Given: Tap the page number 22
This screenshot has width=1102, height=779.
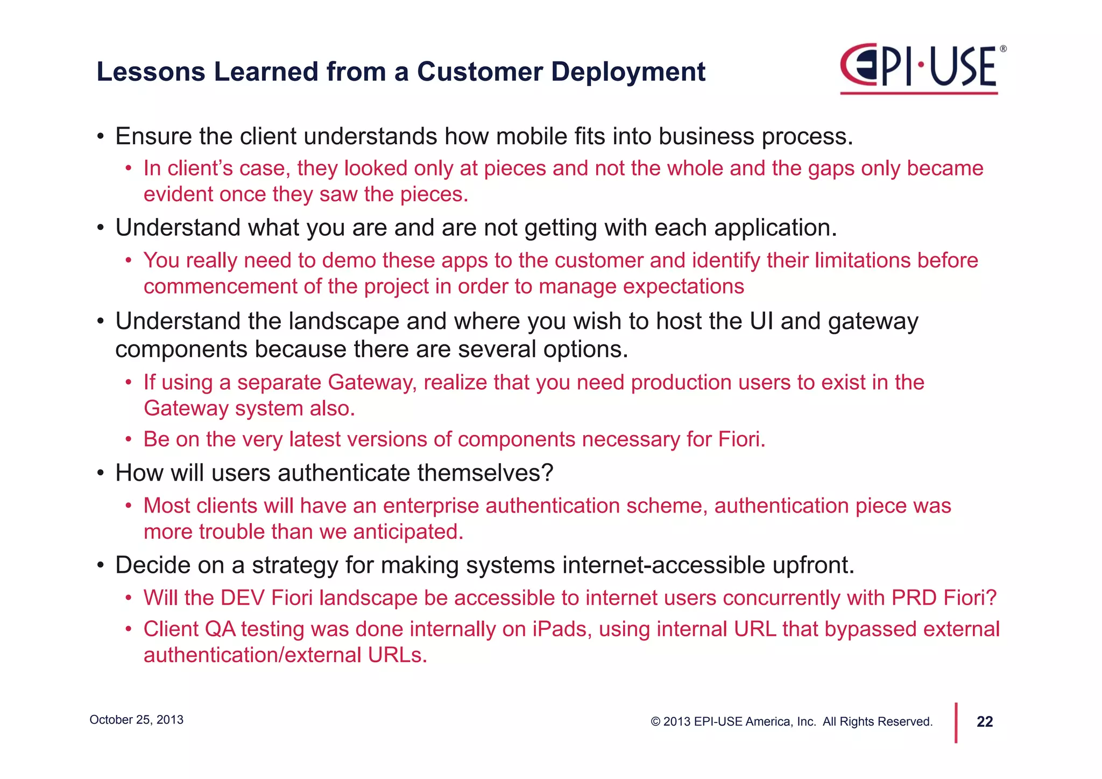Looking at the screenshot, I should [984, 721].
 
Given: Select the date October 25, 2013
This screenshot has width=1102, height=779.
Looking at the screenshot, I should [136, 720].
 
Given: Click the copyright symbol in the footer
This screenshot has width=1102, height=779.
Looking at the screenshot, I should [655, 722].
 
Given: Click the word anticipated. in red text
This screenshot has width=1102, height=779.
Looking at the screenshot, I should [408, 532].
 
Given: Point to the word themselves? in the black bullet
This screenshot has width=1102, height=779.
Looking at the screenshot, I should [485, 473].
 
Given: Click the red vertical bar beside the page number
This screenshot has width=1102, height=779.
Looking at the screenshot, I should [956, 722].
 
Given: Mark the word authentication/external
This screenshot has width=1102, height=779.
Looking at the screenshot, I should [252, 655].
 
